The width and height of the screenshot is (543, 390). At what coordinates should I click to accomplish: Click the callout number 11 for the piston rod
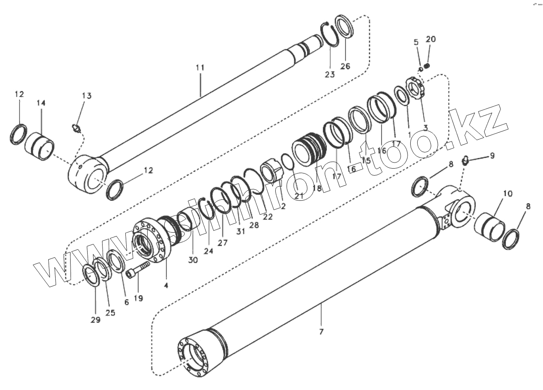pyautogui.click(x=200, y=68)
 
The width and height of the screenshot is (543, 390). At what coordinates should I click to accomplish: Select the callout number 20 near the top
pyautogui.click(x=431, y=39)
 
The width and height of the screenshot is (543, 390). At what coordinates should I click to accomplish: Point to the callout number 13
pyautogui.click(x=87, y=96)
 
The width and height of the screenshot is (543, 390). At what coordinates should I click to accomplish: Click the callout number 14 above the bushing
pyautogui.click(x=41, y=103)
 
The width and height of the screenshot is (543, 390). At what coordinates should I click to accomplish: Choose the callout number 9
pyautogui.click(x=492, y=155)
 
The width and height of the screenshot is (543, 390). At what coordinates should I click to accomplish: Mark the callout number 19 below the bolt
pyautogui.click(x=138, y=299)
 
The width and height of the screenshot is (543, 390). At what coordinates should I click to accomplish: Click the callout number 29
pyautogui.click(x=96, y=320)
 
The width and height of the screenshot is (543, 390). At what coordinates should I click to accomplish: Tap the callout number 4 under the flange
pyautogui.click(x=166, y=285)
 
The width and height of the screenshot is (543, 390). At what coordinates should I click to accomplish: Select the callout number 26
pyautogui.click(x=345, y=67)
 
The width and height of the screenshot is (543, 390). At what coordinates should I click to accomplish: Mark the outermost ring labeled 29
pyautogui.click(x=92, y=275)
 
